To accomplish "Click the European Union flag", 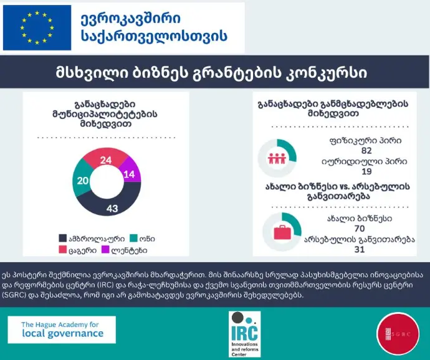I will point(37,28).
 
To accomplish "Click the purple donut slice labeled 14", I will point(129,174).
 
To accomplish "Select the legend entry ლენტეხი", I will point(153,249).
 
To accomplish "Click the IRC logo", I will point(244,334).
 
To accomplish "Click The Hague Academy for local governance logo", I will point(62,329).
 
